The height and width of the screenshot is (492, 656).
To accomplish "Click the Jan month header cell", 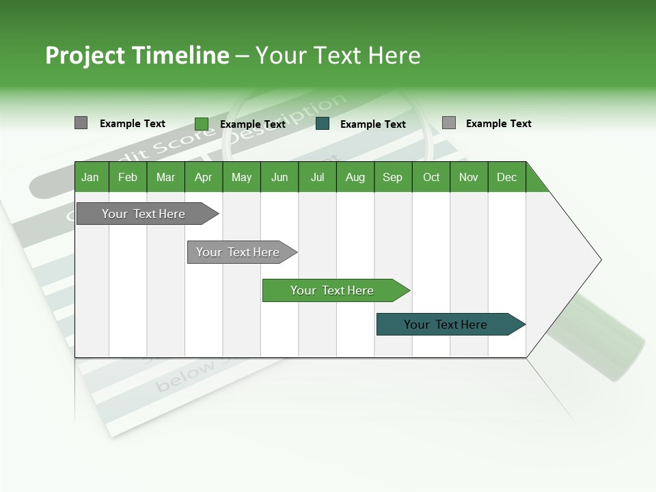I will click(91, 177).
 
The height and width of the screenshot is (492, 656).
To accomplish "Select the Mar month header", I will click(165, 177).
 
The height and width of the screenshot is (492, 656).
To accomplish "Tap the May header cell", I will click(241, 177).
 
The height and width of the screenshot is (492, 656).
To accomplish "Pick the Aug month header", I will click(355, 177).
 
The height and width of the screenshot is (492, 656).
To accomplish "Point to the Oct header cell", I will click(430, 177).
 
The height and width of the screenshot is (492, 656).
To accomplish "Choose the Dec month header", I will click(506, 177).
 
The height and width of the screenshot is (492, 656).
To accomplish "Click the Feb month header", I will click(128, 177).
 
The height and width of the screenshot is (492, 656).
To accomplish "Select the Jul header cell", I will click(317, 177).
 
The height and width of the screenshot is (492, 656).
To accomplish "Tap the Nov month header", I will click(468, 177).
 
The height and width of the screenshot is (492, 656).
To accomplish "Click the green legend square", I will click(202, 124).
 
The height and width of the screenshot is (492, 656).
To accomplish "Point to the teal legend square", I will click(323, 124).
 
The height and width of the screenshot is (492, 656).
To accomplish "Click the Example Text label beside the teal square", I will click(372, 124).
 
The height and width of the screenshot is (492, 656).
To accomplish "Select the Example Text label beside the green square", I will click(252, 124).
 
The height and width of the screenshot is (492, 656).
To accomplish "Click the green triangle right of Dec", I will click(535, 182).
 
